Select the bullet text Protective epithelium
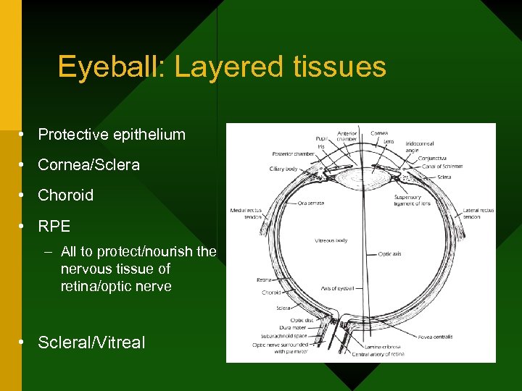112,134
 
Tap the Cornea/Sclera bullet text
88,164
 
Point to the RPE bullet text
54,226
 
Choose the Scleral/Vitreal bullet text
91,342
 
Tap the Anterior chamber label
347,136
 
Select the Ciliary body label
283,169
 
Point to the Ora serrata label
310,203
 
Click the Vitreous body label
331,240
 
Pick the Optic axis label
390,254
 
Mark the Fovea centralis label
435,337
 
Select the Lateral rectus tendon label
478,214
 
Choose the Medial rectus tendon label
246,213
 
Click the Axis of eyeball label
337,288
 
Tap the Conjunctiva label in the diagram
433,159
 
